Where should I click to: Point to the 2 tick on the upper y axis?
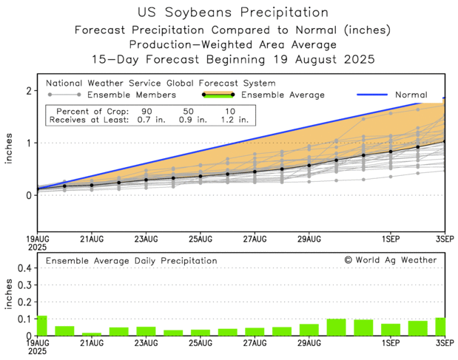click(x=29, y=91)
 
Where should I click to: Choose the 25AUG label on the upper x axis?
click(x=201, y=240)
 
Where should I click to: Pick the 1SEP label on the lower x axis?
click(x=391, y=344)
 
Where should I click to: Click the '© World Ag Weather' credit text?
click(x=390, y=260)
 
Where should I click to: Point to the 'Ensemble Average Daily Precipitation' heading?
click(x=132, y=261)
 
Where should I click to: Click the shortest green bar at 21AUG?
click(x=92, y=334)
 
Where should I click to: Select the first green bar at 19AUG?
click(x=41, y=325)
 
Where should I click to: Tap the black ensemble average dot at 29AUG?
click(x=309, y=165)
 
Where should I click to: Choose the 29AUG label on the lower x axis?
click(x=309, y=344)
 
